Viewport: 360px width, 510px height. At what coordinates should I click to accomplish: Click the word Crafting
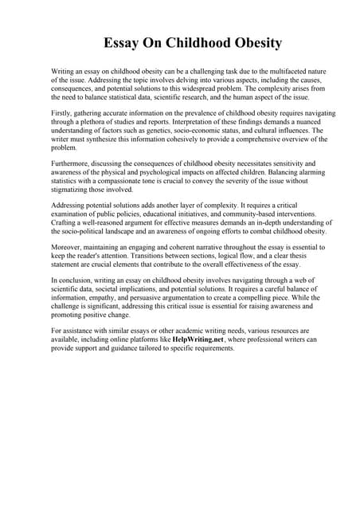(x=65, y=222)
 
